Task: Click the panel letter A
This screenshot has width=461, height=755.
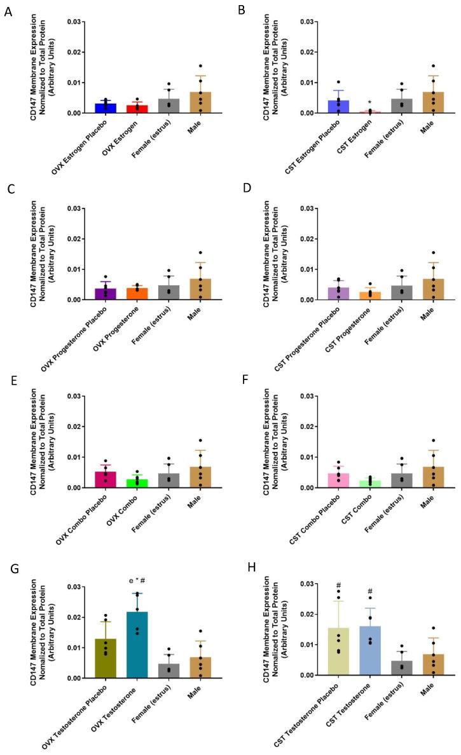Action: coord(7,11)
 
